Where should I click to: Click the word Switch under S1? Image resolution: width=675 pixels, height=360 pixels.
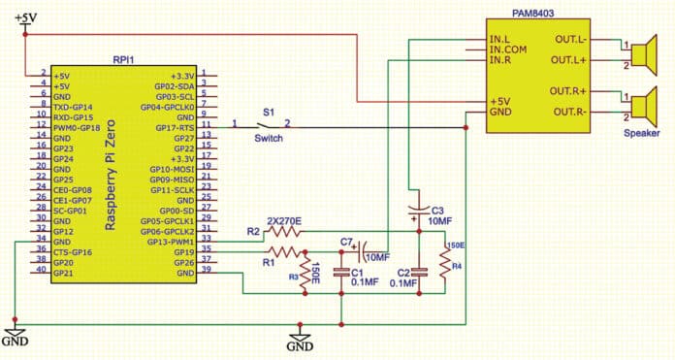[268, 140]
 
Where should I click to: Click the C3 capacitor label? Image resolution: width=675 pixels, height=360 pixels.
[437, 210]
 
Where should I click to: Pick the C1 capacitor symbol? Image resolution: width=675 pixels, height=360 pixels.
[342, 274]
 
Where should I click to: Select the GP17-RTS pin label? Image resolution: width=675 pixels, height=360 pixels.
[174, 127]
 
